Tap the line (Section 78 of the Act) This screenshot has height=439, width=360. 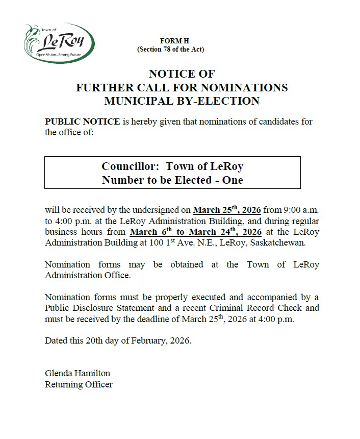click(170, 49)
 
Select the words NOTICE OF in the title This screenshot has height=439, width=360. click(182, 74)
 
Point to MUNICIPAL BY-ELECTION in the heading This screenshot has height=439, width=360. click(182, 101)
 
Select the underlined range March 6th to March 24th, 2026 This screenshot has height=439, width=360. click(196, 232)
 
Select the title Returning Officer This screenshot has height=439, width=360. click(79, 384)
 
